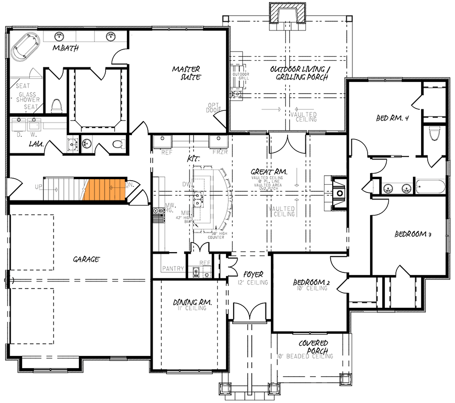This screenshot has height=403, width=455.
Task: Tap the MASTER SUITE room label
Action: (187, 73)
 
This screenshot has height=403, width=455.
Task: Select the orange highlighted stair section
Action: (105, 189)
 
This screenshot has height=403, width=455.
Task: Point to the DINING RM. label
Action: (192, 302)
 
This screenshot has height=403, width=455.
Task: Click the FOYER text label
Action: (253, 275)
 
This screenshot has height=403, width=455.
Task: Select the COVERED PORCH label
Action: (313, 347)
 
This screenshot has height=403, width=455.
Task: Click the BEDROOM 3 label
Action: (413, 234)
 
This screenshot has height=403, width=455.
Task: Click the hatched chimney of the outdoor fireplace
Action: (287, 13)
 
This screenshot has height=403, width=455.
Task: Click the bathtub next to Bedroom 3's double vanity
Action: (430, 186)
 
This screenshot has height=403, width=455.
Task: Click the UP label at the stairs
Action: (38, 186)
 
